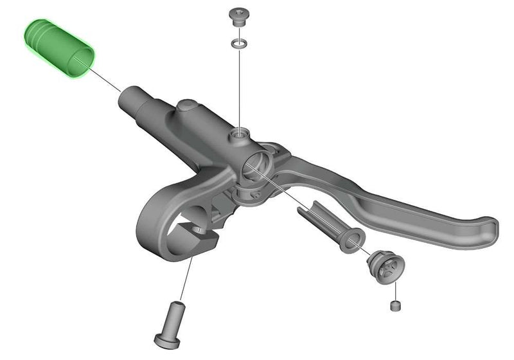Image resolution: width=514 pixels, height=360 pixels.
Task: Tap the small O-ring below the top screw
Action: tap(238, 44)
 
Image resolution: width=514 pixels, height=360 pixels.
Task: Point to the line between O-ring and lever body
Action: tap(239, 90)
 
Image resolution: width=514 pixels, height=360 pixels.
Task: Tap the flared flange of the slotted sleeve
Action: tap(351, 241)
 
